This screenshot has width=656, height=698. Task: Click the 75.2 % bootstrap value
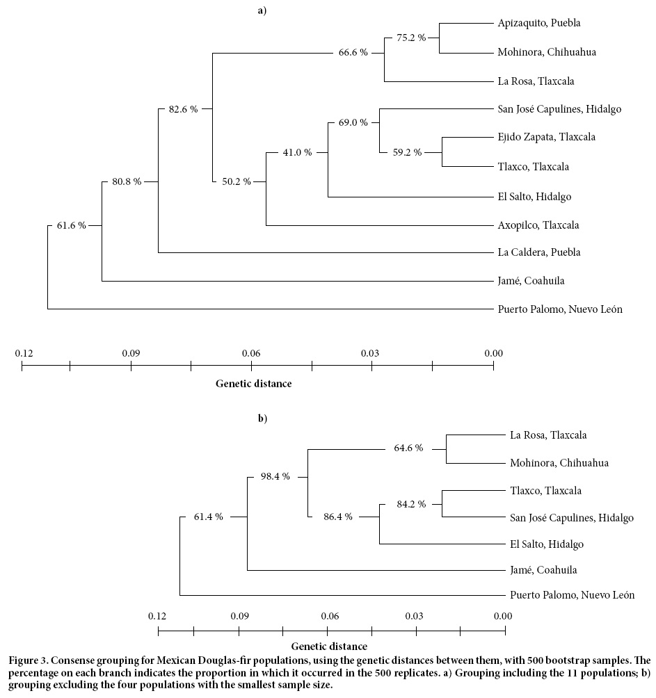click(x=410, y=38)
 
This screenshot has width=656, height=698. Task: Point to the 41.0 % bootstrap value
click(x=296, y=152)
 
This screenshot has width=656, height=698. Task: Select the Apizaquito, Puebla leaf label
click(x=539, y=23)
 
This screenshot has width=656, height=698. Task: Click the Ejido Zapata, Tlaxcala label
click(x=547, y=137)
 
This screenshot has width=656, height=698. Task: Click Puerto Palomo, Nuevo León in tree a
click(x=560, y=309)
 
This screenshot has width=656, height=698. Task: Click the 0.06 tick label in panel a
click(x=251, y=353)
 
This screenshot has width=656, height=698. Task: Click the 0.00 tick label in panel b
click(x=502, y=616)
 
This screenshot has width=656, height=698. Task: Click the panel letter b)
click(x=262, y=419)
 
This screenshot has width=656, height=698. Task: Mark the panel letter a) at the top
click(x=262, y=10)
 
